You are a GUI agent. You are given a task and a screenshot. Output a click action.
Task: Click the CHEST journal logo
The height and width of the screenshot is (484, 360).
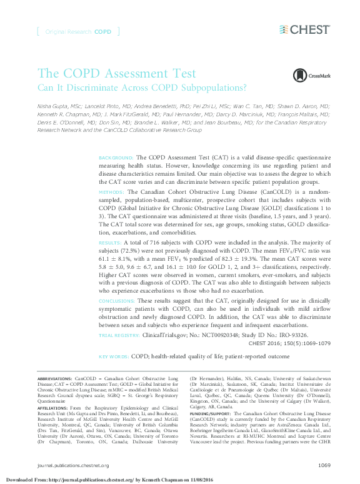coord(304,29)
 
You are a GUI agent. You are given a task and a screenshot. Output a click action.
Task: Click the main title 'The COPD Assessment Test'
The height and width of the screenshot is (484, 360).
coord(117,74)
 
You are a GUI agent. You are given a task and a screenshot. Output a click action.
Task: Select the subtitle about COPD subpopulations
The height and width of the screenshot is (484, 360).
coord(142,88)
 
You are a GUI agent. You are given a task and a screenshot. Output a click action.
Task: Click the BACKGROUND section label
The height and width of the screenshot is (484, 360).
coord(116,158)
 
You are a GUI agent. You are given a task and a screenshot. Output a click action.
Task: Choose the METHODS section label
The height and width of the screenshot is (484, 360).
coord(112,191)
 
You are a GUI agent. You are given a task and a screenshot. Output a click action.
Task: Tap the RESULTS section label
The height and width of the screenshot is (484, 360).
coord(111,241)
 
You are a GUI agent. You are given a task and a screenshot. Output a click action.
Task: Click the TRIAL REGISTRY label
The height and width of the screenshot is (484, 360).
coord(120,335)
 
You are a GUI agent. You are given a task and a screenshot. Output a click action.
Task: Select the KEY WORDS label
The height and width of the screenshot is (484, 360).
coord(113,356)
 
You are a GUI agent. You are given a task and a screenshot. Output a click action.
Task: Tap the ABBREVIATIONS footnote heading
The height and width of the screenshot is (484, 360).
coord(54,380)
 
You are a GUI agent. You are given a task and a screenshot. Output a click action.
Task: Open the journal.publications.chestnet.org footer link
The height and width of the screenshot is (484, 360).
coord(73,465)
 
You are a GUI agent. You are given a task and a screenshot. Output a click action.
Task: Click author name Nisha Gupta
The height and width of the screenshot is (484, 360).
coord(53,107)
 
